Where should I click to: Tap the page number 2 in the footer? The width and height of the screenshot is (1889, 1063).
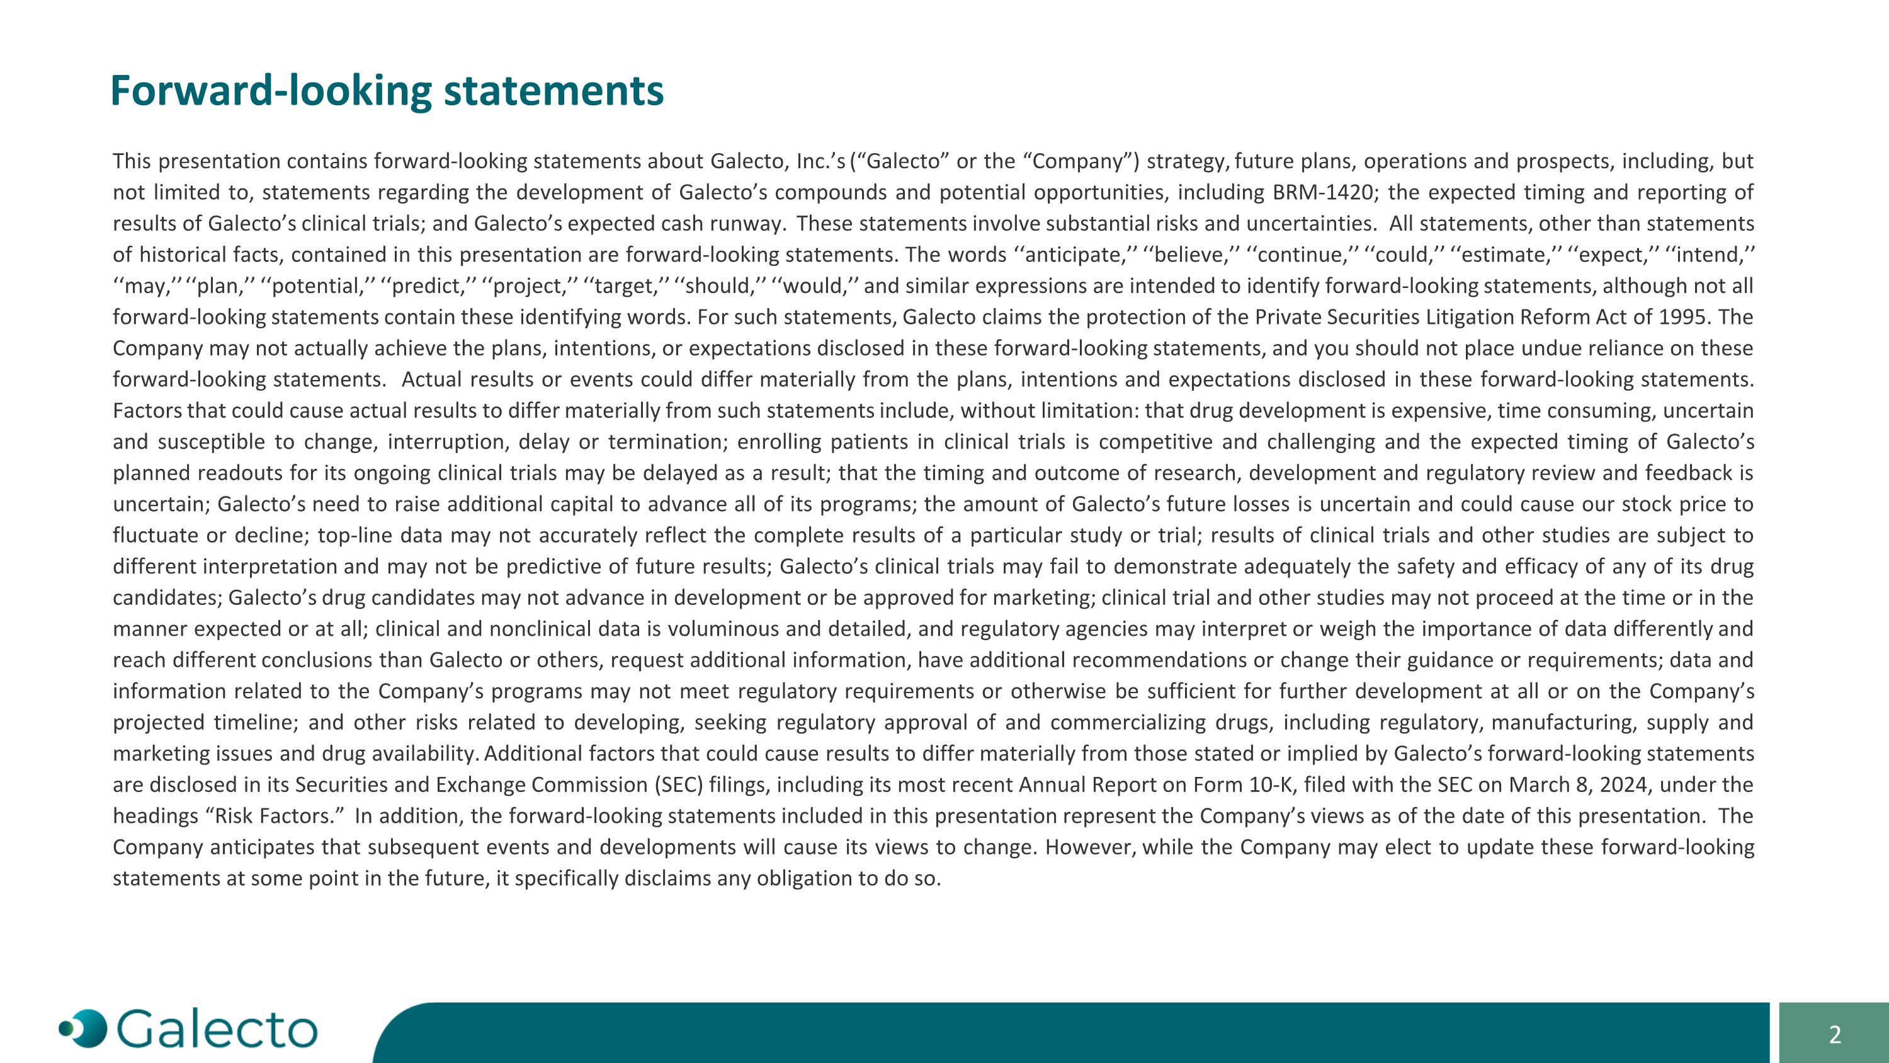(1834, 1035)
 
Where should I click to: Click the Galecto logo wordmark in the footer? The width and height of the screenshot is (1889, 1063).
(217, 1030)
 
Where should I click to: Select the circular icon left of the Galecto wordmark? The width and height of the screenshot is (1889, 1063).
(84, 1028)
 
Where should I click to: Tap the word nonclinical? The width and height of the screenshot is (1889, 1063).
(552, 629)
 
